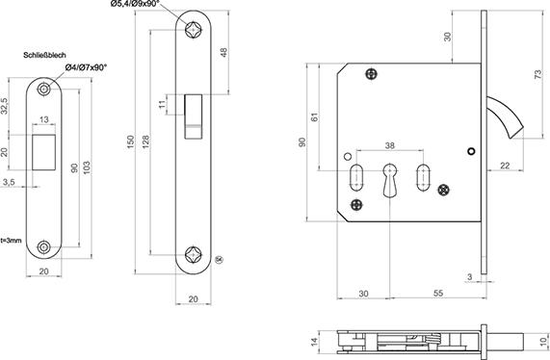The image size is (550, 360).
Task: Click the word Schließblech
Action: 44,55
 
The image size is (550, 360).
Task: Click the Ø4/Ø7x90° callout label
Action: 86,67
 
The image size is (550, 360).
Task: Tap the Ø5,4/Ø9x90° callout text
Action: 135,4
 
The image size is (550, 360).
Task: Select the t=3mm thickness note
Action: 11,241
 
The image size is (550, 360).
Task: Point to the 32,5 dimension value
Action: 4,106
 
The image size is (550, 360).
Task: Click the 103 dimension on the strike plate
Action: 87,167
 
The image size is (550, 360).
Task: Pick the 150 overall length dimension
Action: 130,141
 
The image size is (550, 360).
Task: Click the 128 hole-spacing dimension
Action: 145,141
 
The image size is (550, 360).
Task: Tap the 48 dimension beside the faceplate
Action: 224,52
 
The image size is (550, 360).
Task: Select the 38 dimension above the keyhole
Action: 390,145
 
